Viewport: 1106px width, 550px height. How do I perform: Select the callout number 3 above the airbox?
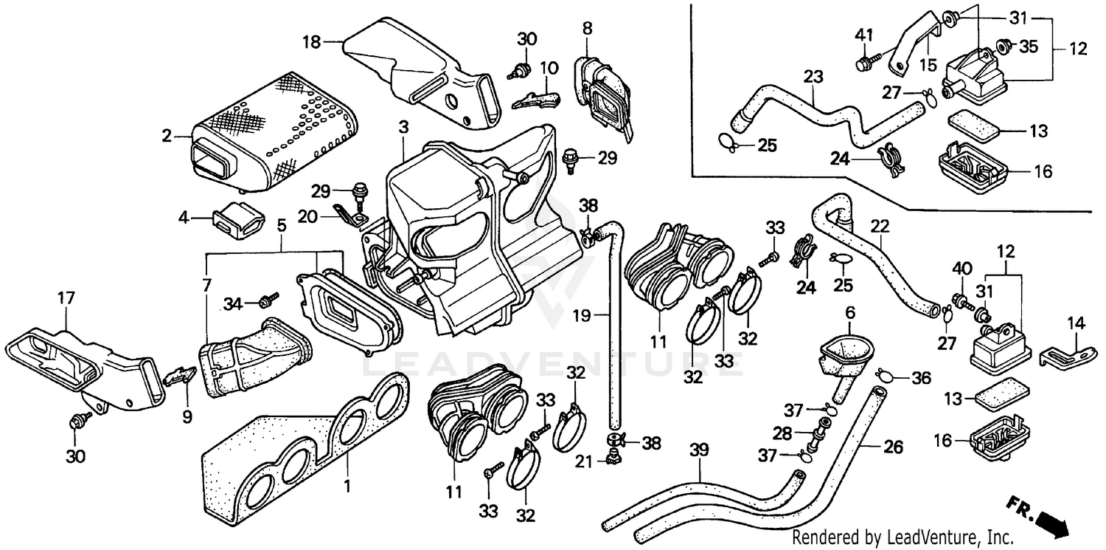pyautogui.click(x=403, y=127)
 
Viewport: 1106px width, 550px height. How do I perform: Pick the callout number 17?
pyautogui.click(x=66, y=298)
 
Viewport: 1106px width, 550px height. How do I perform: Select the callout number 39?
pyautogui.click(x=700, y=449)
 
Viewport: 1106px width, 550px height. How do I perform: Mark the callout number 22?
pyautogui.click(x=879, y=224)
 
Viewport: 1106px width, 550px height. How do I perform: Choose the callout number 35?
pyautogui.click(x=1028, y=47)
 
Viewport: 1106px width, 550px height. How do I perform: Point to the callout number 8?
pyautogui.click(x=587, y=29)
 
